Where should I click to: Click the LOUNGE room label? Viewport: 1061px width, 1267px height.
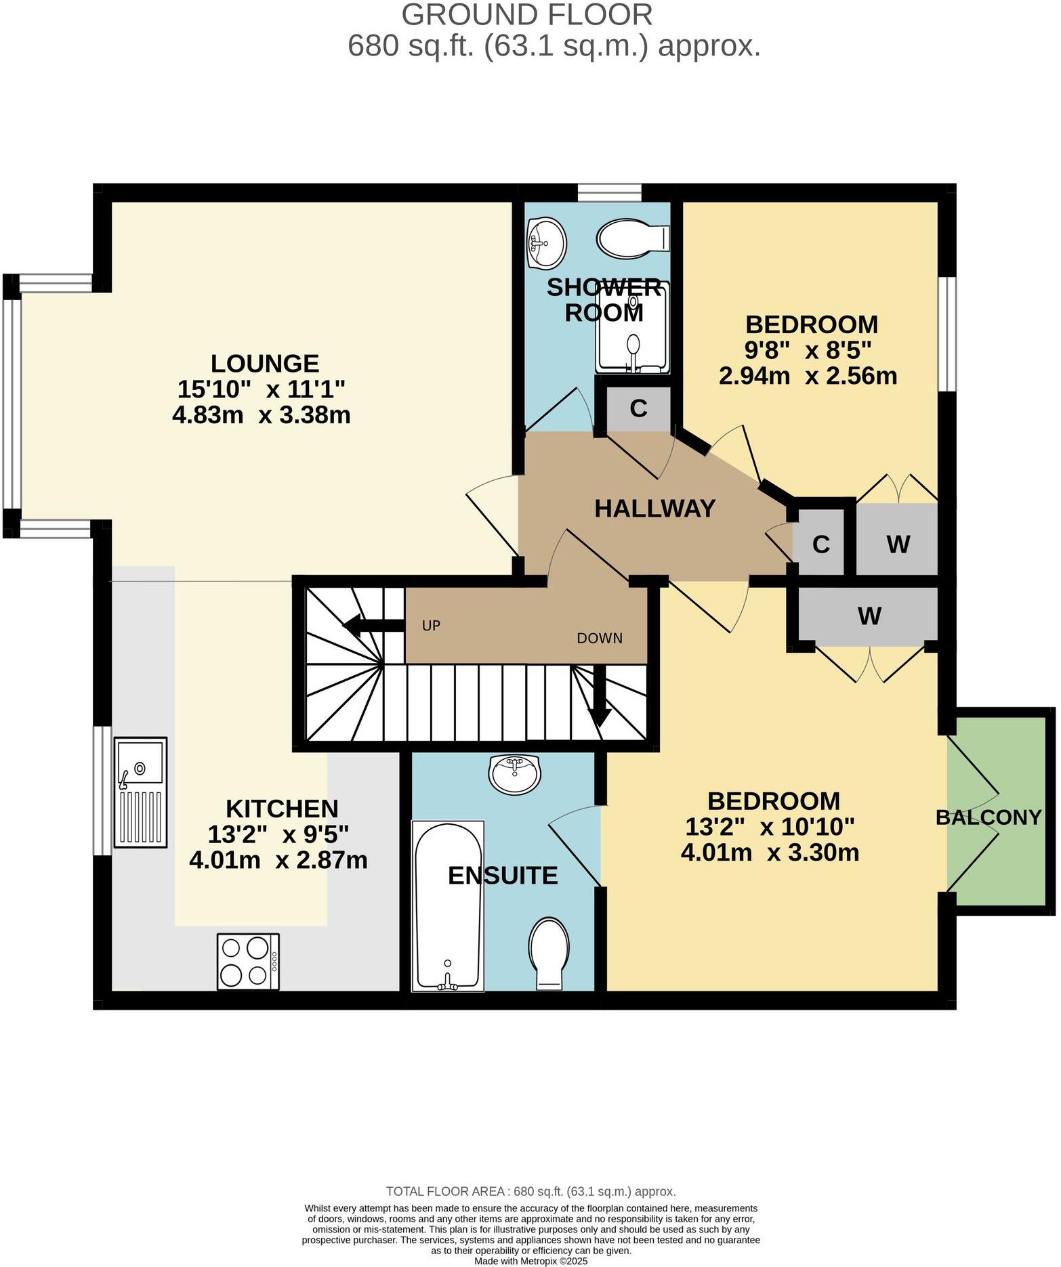click(265, 364)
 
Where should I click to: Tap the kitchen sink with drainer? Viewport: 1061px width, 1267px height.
click(140, 792)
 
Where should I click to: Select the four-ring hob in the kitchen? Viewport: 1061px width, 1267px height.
click(248, 962)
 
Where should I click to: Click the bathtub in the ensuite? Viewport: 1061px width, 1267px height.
click(448, 907)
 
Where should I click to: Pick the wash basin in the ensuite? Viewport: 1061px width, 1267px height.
click(515, 774)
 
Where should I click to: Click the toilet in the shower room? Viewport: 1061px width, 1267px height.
click(633, 238)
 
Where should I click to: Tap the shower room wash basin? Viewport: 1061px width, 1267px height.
click(546, 242)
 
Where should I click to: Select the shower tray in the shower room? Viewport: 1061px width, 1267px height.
click(633, 327)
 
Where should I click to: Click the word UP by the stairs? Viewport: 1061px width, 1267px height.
click(431, 625)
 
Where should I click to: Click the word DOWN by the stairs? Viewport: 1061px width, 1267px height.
click(599, 638)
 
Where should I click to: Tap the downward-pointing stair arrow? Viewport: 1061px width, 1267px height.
click(599, 698)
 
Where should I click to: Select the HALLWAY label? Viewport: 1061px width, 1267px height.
click(654, 508)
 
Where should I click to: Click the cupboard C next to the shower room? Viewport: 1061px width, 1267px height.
click(638, 408)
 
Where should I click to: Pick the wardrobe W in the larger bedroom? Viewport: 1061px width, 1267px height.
click(869, 616)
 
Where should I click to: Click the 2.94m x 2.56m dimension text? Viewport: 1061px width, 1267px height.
click(808, 376)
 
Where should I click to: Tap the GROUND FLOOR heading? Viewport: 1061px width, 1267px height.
click(527, 15)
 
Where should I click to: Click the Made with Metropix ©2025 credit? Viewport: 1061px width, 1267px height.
click(530, 1261)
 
